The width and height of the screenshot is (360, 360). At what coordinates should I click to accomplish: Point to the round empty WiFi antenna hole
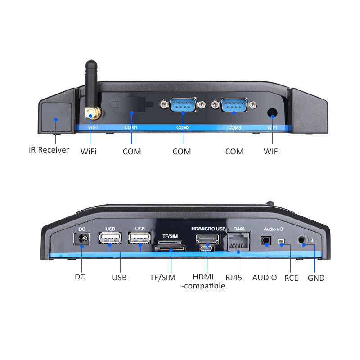(272, 113)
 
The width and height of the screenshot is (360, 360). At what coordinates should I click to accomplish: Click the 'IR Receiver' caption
(49, 150)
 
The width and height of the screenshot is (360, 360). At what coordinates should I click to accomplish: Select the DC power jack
(82, 239)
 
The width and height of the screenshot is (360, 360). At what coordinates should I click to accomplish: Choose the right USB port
(139, 239)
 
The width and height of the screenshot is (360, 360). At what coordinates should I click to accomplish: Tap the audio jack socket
(266, 240)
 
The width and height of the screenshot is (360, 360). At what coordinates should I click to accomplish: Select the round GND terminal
(303, 241)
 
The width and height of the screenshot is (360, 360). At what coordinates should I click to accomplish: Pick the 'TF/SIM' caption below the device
(162, 278)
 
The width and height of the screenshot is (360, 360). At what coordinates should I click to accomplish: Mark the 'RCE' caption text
(291, 278)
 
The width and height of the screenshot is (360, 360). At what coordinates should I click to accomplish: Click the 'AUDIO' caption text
(265, 278)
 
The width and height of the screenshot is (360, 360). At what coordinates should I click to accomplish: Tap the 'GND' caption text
(316, 278)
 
